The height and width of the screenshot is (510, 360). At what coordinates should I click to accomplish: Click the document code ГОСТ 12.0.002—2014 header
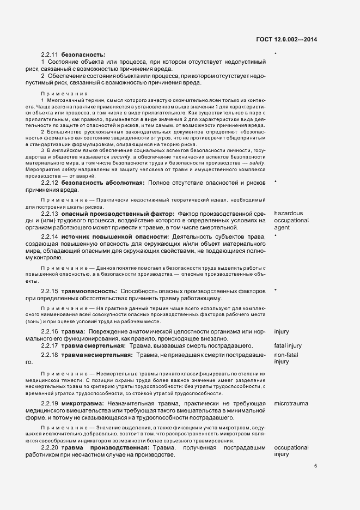(x=286, y=39)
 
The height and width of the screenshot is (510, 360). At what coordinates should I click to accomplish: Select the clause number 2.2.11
(x=50, y=55)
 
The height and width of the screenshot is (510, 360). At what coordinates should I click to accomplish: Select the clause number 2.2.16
(x=50, y=331)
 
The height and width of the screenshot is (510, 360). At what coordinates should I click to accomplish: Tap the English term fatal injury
(x=288, y=345)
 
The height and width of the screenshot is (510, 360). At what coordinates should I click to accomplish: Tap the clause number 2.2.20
(x=50, y=447)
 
